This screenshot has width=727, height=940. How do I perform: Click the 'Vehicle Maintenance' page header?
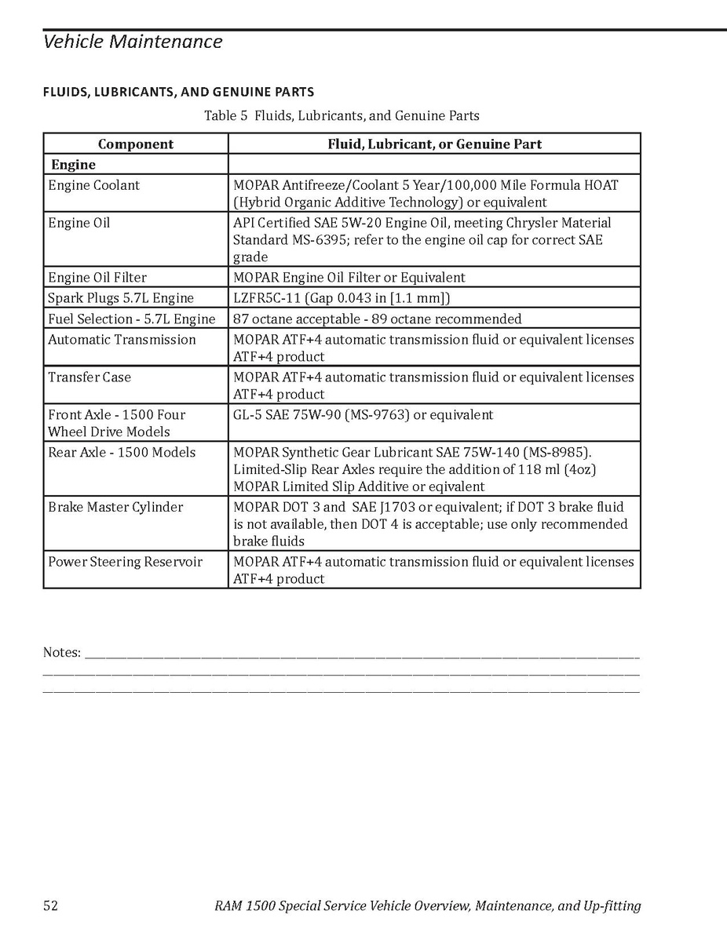click(x=133, y=42)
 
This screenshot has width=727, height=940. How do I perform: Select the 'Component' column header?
click(x=136, y=144)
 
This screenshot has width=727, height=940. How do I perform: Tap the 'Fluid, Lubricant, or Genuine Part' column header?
click(x=434, y=144)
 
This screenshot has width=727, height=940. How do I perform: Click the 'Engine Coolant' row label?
click(x=94, y=185)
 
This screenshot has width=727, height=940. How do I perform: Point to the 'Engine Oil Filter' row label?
click(x=97, y=277)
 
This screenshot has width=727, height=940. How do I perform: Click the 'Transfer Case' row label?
click(x=90, y=377)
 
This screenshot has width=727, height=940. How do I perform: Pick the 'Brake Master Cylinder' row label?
click(x=115, y=507)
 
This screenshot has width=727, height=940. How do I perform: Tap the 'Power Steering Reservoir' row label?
click(x=126, y=562)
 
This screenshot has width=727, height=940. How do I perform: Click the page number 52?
click(x=50, y=906)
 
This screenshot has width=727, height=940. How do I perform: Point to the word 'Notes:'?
click(x=61, y=653)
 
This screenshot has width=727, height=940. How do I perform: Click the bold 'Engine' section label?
click(x=73, y=165)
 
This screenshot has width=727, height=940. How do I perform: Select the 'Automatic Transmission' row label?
click(x=122, y=340)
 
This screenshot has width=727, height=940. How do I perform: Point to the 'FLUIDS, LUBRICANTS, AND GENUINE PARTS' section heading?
click(x=178, y=93)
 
